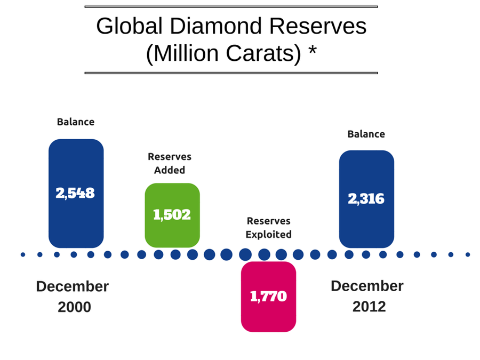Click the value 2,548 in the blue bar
click(75, 193)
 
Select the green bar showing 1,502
click(172, 215)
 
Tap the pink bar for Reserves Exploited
click(268, 297)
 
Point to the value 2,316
click(366, 199)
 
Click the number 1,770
click(268, 297)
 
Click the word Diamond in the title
click(216, 26)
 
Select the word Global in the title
click(130, 26)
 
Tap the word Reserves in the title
click(318, 26)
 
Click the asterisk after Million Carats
click(312, 50)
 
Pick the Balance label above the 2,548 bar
click(76, 122)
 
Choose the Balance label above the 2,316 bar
click(366, 134)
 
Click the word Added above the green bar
click(170, 170)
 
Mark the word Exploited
click(268, 235)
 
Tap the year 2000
click(74, 307)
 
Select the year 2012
click(369, 307)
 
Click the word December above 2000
click(73, 286)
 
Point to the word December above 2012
click(367, 286)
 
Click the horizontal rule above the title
click(231, 6)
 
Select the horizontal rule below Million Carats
click(231, 73)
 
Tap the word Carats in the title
click(263, 53)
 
